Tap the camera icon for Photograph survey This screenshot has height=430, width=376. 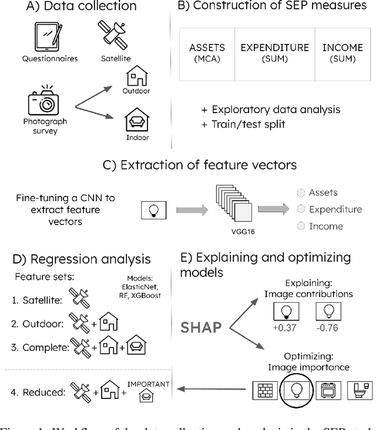(x=45, y=104)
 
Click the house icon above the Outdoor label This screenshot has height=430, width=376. (x=136, y=75)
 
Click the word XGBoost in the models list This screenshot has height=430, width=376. (x=143, y=296)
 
